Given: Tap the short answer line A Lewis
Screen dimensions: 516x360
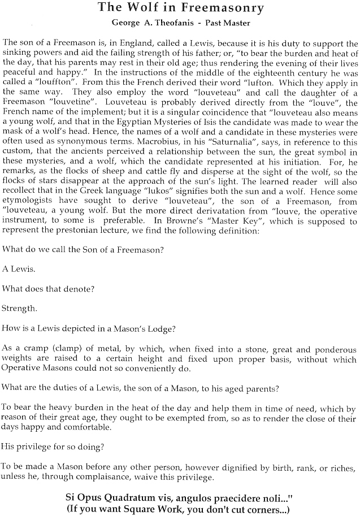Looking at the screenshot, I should point(18,268).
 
